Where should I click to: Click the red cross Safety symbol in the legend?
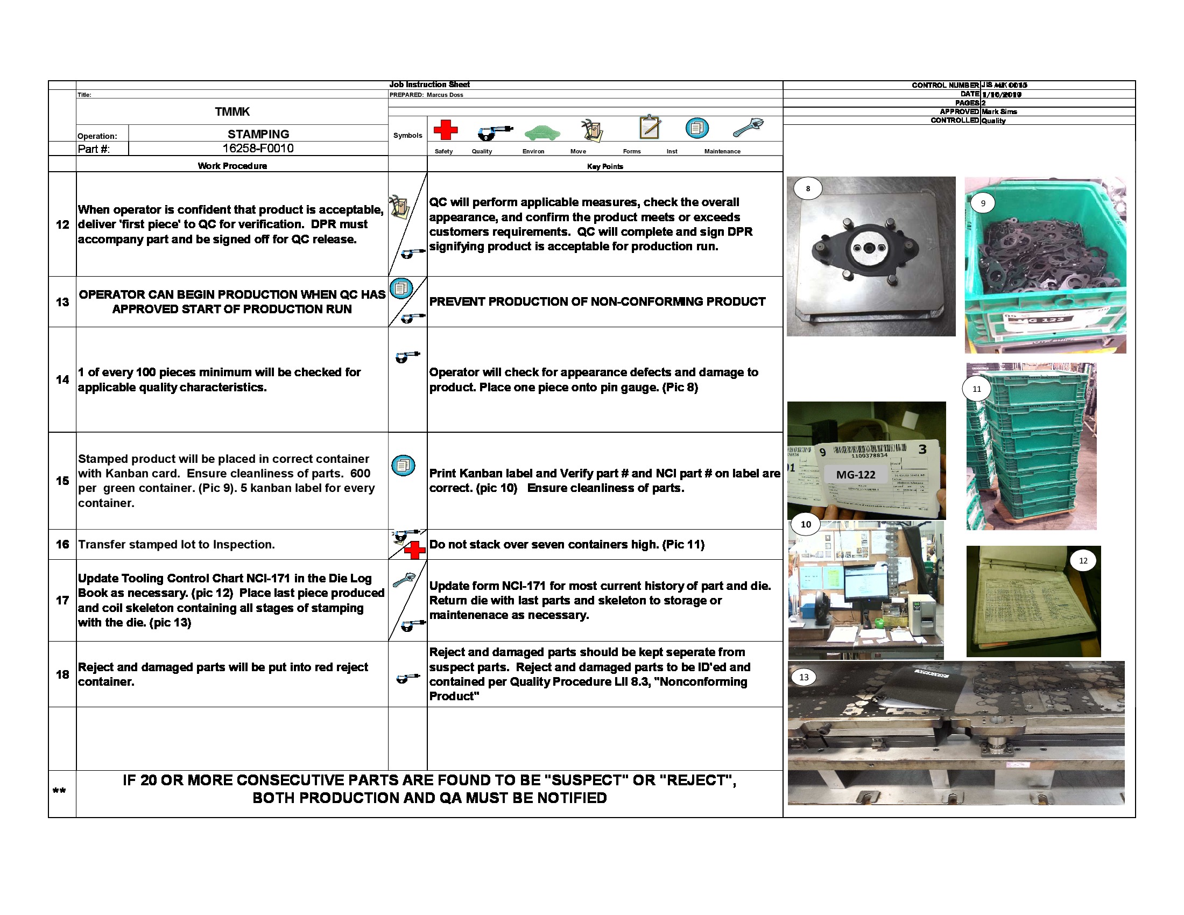(445, 130)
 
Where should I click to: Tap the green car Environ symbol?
(541, 132)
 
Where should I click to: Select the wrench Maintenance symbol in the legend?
(748, 128)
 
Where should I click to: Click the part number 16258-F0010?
(258, 149)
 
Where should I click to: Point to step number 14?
(62, 379)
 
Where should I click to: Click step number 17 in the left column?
(62, 600)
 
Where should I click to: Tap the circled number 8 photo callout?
(808, 188)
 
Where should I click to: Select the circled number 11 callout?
(976, 389)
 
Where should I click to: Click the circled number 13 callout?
(804, 677)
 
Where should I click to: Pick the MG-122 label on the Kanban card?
(856, 475)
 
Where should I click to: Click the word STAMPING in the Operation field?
(258, 134)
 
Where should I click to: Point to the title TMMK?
(232, 111)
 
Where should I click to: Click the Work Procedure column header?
(232, 166)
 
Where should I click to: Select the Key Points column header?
(604, 166)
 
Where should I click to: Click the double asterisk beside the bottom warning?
(59, 791)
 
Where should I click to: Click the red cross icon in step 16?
(415, 550)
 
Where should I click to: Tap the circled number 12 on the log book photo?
(1083, 560)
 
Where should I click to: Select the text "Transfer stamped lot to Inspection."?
(176, 544)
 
